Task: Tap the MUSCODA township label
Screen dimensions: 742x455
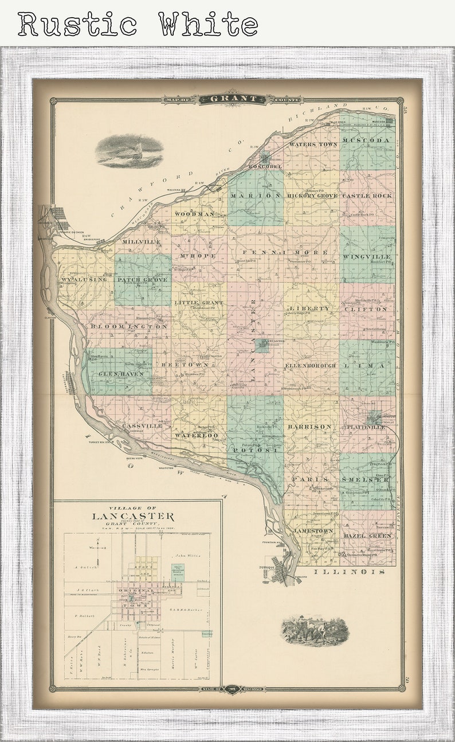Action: click(367, 140)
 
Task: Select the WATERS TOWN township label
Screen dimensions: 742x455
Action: click(313, 145)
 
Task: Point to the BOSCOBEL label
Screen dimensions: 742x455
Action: click(265, 166)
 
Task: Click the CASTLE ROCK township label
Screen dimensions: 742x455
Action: click(367, 196)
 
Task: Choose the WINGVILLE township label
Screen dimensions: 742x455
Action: click(367, 257)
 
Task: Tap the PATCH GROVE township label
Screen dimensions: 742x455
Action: click(143, 280)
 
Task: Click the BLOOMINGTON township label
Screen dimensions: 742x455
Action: click(129, 326)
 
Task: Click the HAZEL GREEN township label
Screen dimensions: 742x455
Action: click(367, 536)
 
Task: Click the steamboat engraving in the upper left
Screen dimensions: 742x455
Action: click(130, 151)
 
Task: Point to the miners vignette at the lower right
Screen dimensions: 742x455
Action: click(315, 631)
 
